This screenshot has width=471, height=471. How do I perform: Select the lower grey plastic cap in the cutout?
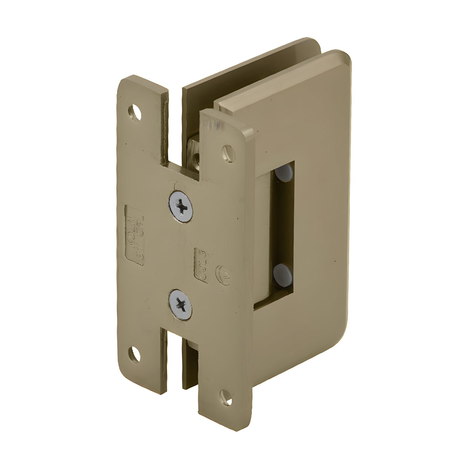[282, 271]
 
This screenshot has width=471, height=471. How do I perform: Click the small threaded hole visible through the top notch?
[196, 158]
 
